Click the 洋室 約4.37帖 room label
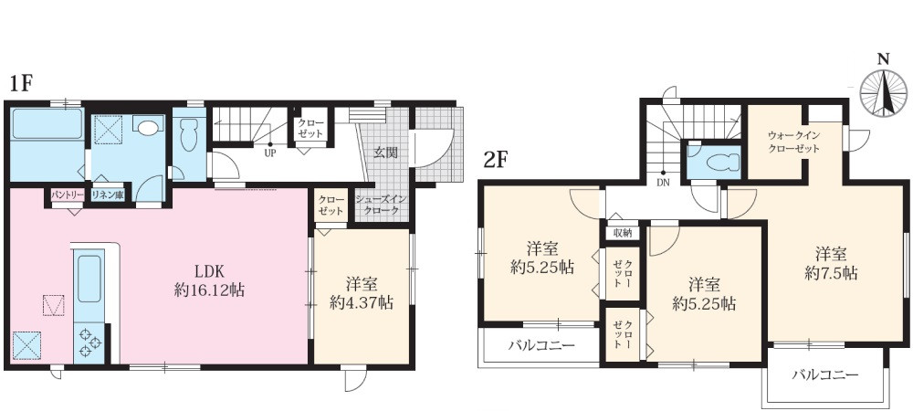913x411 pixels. (362, 293)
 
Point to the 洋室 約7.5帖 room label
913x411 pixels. (830, 263)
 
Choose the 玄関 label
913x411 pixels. (384, 153)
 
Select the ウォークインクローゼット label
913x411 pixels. (792, 142)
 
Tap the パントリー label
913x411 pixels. (68, 195)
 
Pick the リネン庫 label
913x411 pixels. (108, 195)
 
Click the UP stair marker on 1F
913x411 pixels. (270, 153)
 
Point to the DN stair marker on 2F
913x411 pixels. (663, 181)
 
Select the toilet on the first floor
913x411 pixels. (189, 140)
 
